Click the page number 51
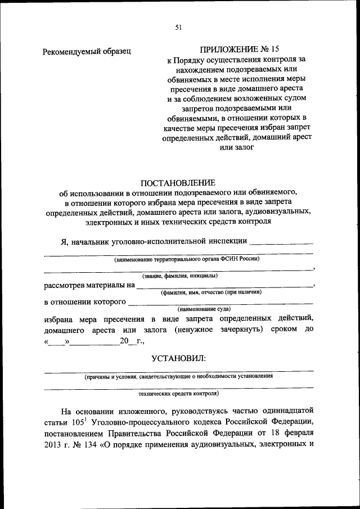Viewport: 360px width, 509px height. point(178,26)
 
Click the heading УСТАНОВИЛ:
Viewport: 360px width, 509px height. point(178,358)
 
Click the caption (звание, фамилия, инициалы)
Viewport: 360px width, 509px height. point(179,276)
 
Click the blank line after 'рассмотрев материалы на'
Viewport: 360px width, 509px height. point(225,286)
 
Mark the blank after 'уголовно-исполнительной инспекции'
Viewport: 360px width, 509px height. point(281,242)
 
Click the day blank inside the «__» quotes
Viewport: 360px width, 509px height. point(58,341)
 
